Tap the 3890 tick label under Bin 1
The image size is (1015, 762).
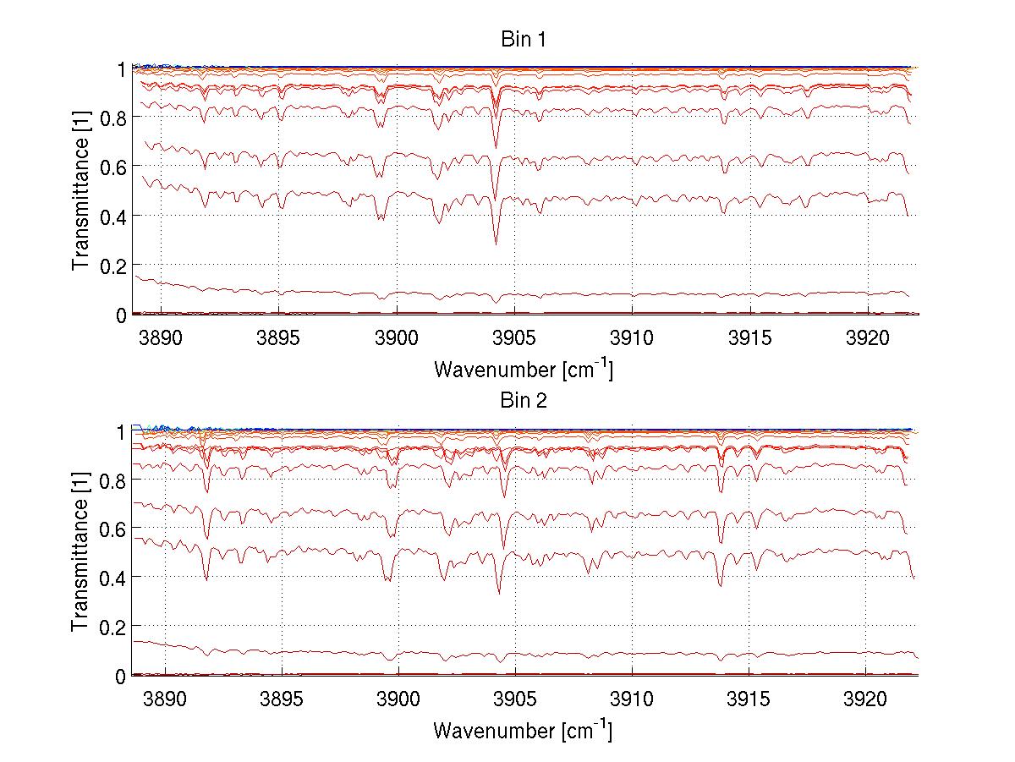pos(164,337)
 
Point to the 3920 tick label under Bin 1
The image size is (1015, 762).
pos(865,337)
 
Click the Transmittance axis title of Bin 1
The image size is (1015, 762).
pos(80,190)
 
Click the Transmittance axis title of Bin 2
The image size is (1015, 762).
pos(80,552)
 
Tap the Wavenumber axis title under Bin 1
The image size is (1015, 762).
pos(523,369)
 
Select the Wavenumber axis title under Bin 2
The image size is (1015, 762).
pos(523,730)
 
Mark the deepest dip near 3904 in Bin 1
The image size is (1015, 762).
pos(496,244)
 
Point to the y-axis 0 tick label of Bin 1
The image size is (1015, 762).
pos(121,315)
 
